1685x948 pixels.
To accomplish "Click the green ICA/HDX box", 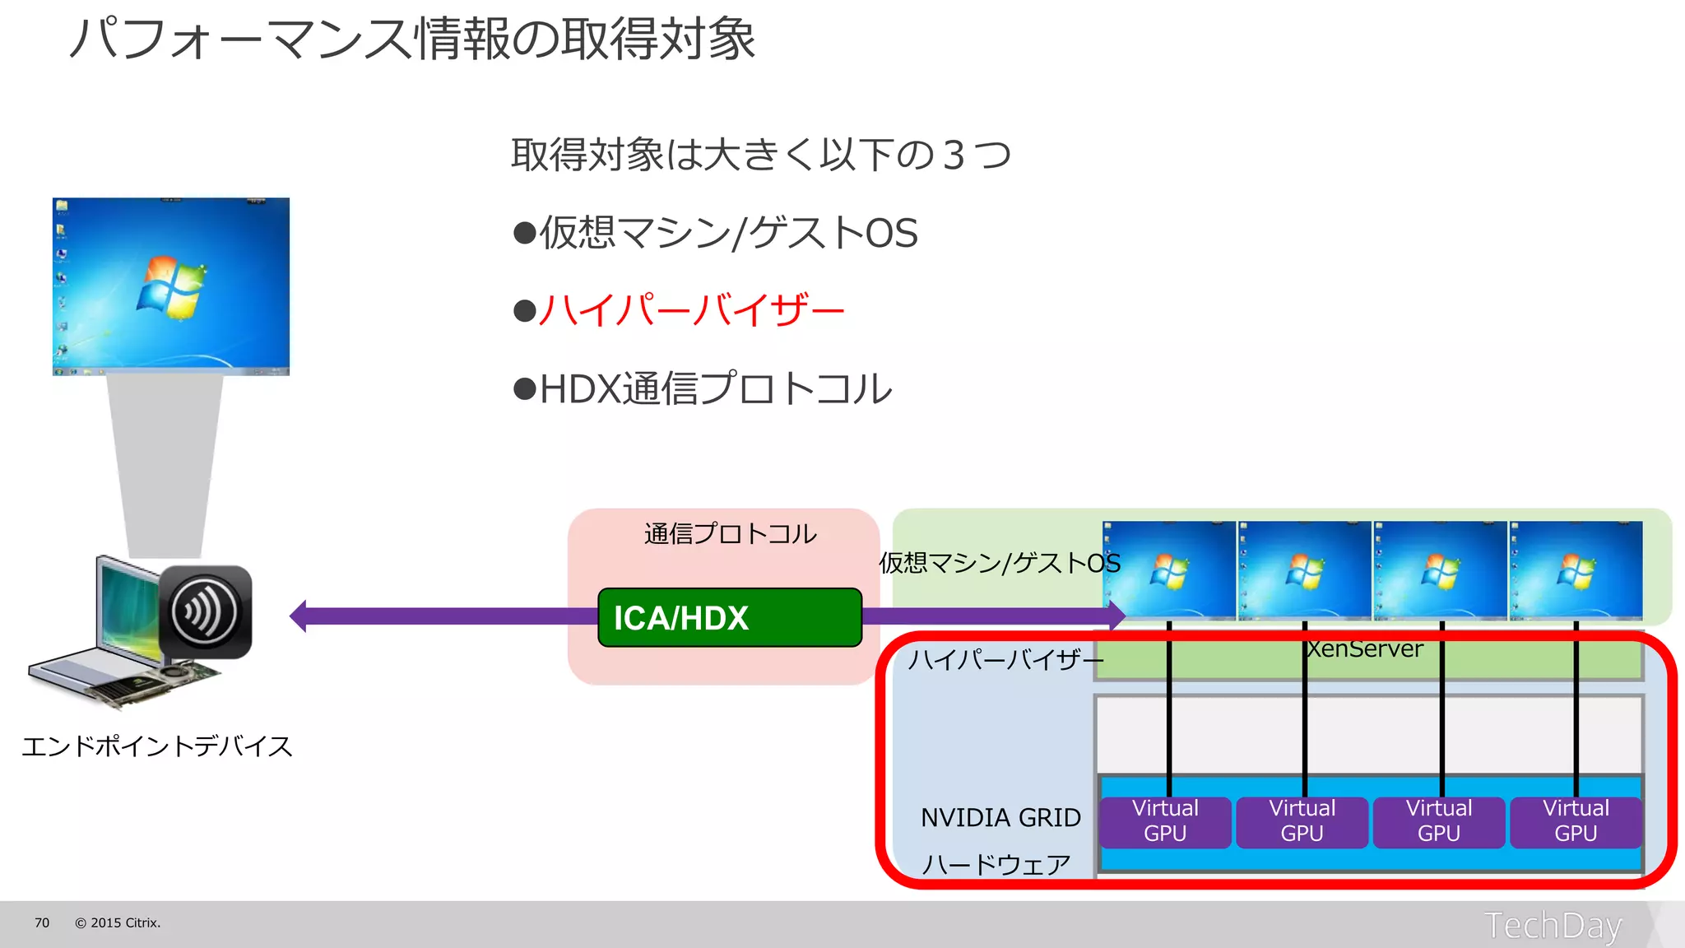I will click(730, 617).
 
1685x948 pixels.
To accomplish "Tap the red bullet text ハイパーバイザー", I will click(691, 310).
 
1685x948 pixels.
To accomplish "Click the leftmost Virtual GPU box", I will click(1165, 821).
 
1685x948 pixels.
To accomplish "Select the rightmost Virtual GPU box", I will click(1575, 821).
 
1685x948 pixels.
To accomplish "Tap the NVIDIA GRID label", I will click(1000, 817).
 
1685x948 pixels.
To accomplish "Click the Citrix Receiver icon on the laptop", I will click(205, 611).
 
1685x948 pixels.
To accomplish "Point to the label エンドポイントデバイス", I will click(157, 746).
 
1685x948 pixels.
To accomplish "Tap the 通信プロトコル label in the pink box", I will click(730, 534).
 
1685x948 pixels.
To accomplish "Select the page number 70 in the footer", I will click(42, 922).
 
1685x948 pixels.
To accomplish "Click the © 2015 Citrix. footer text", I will click(118, 922).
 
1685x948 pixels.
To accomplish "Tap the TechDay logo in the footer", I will click(1553, 925).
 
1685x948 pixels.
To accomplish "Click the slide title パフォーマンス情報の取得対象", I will click(412, 39).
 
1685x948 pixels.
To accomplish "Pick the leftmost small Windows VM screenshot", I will click(1168, 570).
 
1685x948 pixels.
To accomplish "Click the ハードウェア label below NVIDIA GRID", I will click(996, 864).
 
